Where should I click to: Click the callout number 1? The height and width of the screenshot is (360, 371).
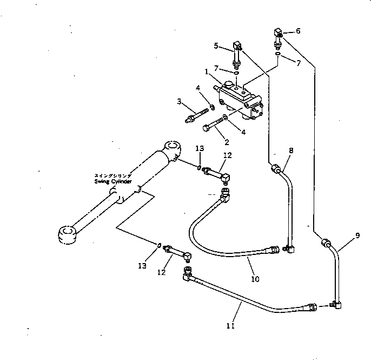coord(207,71)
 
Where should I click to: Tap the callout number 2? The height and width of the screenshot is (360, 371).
coord(226,142)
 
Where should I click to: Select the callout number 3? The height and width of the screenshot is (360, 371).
coord(178,101)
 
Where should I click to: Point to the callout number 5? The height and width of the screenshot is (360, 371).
coord(216,46)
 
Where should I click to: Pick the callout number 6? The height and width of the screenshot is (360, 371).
coord(297,31)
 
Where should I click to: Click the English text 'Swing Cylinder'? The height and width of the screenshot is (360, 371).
coord(112,182)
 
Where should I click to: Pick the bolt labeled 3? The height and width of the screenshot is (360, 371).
coord(198,115)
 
